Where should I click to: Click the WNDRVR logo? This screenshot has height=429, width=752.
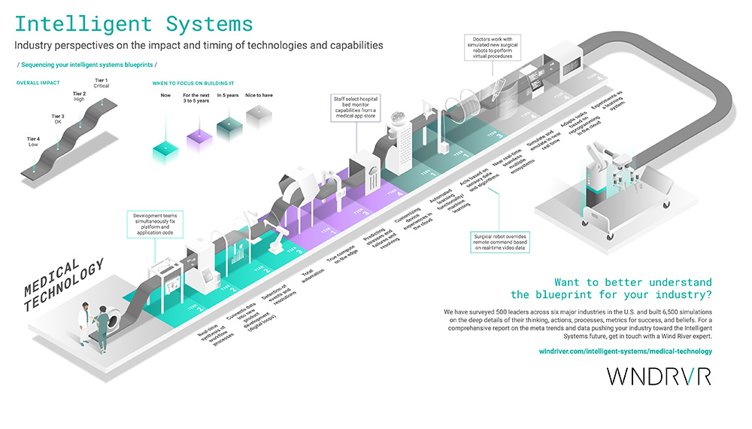coord(659,376)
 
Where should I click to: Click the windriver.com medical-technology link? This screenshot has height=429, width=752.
coord(626,351)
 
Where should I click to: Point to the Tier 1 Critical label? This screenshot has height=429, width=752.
coord(102,84)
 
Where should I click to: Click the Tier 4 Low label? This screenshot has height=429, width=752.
coord(33,142)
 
